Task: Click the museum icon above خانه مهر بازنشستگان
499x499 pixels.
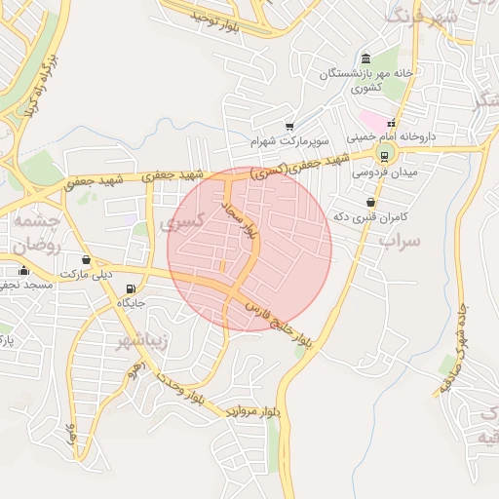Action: (x=365, y=58)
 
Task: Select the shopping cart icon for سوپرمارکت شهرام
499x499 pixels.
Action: (x=289, y=126)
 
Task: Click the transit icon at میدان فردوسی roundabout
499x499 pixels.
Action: (x=385, y=154)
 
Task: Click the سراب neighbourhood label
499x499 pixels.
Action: (x=399, y=239)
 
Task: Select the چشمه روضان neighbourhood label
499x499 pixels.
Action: (x=36, y=234)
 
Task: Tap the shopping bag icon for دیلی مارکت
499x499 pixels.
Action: (x=88, y=260)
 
